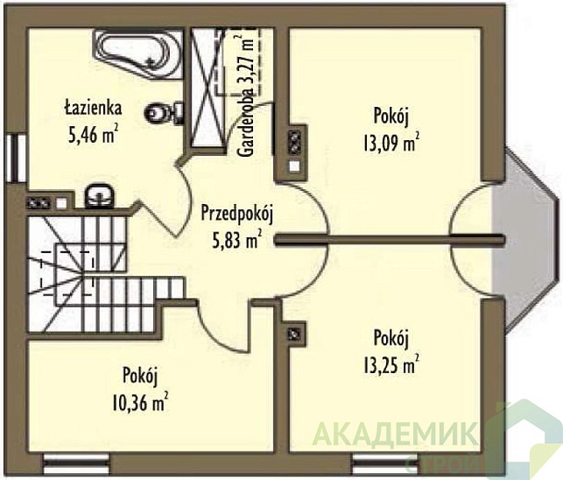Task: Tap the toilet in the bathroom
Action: point(165,112)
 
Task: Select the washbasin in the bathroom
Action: point(100,196)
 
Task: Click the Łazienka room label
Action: point(94,108)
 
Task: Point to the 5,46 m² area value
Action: point(93,135)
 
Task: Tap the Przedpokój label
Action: point(237,215)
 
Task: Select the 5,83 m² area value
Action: point(236,240)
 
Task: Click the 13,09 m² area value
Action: point(391,142)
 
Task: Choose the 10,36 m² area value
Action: point(140,402)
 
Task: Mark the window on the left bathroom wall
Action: point(16,159)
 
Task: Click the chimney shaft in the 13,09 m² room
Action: point(295,152)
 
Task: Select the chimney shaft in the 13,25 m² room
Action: point(295,334)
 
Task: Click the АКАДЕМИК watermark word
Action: point(395,434)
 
